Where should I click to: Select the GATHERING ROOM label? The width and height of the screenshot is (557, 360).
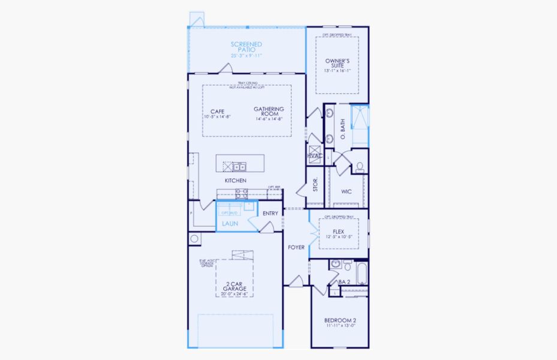click(269, 112)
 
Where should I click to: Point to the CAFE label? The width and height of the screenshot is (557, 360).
click(217, 112)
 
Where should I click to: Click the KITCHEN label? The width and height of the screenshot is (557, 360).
click(235, 181)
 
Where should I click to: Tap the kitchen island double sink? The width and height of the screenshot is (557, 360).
click(239, 166)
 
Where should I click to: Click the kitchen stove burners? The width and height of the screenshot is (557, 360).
click(242, 193)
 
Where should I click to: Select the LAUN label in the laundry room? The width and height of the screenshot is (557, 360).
click(230, 224)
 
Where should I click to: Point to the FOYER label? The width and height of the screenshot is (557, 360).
click(296, 247)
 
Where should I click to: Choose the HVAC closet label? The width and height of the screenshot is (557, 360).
click(315, 156)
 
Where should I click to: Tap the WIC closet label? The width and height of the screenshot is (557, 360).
click(346, 192)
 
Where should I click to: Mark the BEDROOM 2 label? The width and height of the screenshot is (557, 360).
click(340, 320)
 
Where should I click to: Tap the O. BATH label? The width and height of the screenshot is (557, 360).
click(343, 129)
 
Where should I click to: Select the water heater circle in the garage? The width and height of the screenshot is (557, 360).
click(194, 239)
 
